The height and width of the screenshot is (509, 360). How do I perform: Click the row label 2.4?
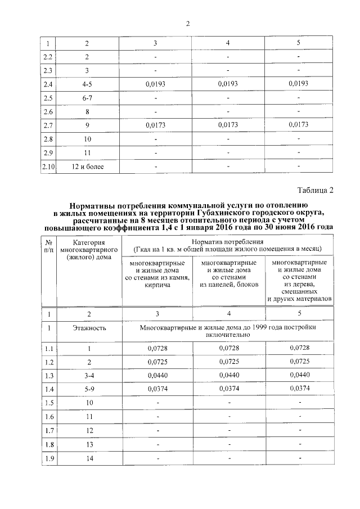[x=48, y=84]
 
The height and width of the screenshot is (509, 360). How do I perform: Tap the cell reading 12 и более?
[x=87, y=166]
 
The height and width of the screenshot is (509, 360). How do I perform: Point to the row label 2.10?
[x=48, y=166]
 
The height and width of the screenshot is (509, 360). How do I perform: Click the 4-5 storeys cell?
[x=87, y=84]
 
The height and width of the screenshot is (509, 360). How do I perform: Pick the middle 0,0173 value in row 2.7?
[x=228, y=125]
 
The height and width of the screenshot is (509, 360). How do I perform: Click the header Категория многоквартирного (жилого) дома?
[x=88, y=249]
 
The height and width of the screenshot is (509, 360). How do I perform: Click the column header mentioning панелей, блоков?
[x=228, y=273]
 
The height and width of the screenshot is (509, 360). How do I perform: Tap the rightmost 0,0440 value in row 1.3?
[x=299, y=374]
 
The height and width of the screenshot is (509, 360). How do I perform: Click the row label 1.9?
[x=48, y=459]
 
